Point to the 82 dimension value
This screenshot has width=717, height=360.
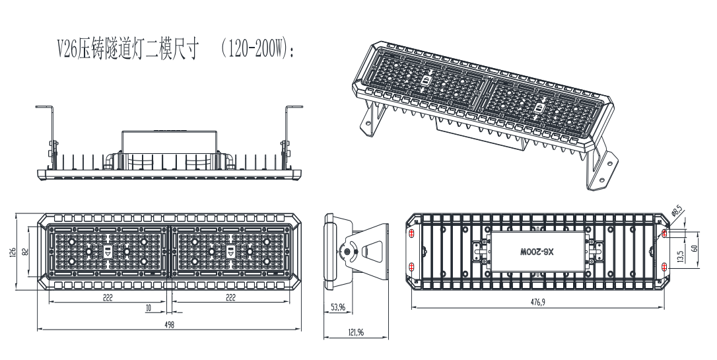coord(26,252)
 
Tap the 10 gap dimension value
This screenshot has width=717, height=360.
coord(149,308)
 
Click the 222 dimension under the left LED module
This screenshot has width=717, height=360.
coord(108,299)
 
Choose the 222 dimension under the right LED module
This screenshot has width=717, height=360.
coord(230,299)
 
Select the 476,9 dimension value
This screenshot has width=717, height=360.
coord(538,302)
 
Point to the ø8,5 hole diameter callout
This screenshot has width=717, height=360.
coord(675,213)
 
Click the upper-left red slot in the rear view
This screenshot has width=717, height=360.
coord(412,234)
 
